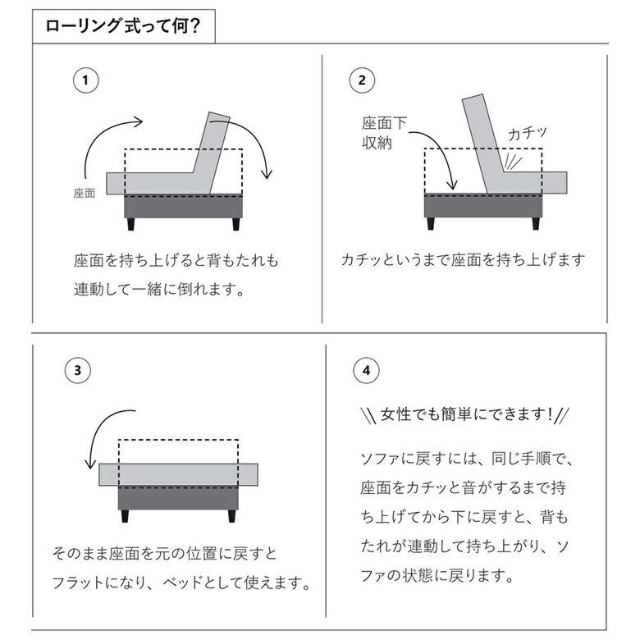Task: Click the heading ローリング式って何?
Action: coord(122,26)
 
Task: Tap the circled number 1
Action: coord(85,80)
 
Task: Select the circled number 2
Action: coord(362,80)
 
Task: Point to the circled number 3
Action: coord(78,371)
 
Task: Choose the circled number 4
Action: coord(366,371)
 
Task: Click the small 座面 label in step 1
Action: coord(85,193)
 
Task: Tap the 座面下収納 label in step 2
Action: coord(384,133)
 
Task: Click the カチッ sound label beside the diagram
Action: coord(527,133)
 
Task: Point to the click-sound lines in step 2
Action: coord(512,162)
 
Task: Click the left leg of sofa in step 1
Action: coord(130,224)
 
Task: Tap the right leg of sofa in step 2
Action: coord(536,223)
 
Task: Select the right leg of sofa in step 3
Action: coord(232,516)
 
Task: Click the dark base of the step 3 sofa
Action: coord(178,498)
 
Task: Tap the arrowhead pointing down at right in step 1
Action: coord(267,175)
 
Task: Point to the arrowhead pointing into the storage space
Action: coord(451,185)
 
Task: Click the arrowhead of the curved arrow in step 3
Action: coord(89,464)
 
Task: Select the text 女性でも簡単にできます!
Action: coord(466,414)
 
